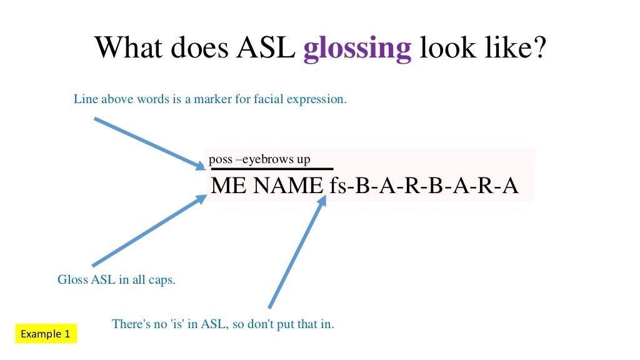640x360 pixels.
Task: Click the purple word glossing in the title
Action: (357, 49)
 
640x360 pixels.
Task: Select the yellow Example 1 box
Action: (46, 334)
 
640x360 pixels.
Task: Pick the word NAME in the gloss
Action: (287, 186)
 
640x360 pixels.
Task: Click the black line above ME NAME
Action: (272, 169)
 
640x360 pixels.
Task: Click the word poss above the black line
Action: (221, 159)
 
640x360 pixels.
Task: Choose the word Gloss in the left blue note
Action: (72, 279)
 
